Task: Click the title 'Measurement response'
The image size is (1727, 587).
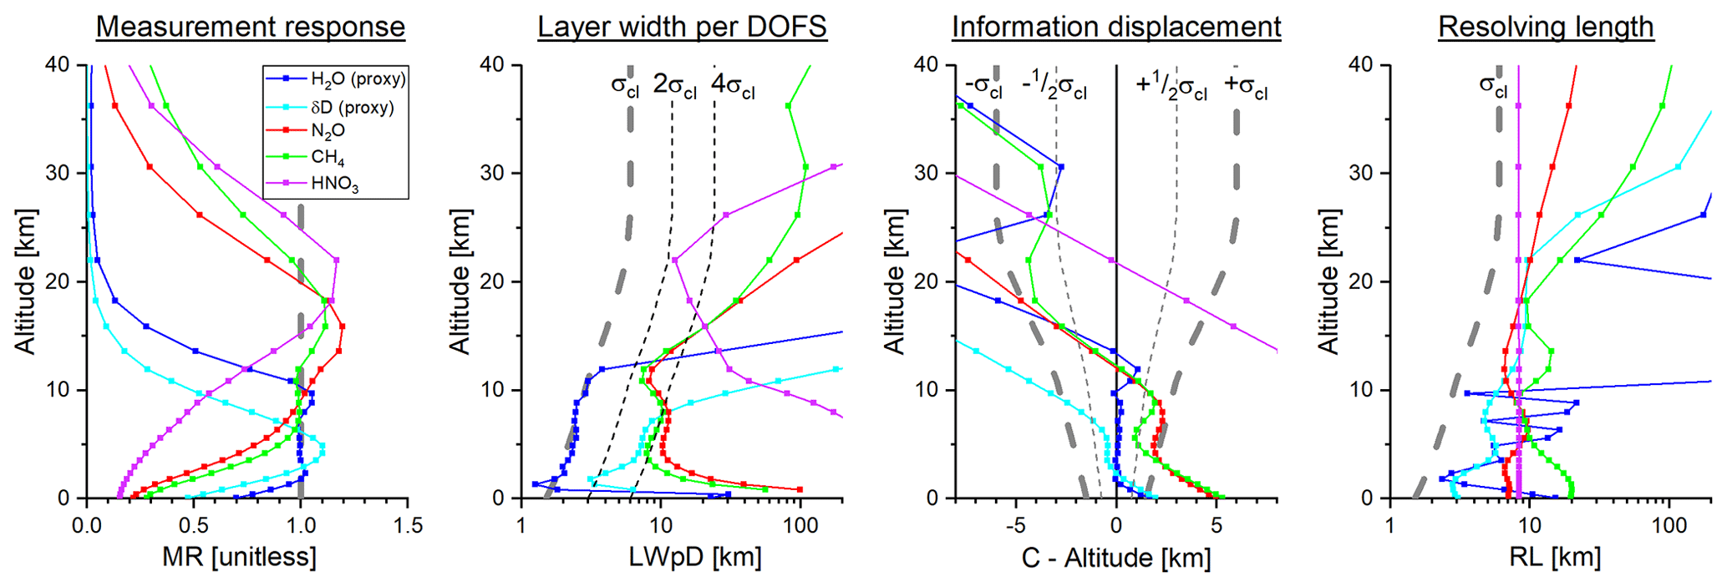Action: [250, 27]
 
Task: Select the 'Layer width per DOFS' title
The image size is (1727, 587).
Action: [682, 27]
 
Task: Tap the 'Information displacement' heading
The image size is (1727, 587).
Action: [1116, 27]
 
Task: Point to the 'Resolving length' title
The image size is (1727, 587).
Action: [1546, 27]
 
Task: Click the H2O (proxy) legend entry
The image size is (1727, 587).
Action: [358, 79]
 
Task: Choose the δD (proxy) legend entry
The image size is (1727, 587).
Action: [352, 107]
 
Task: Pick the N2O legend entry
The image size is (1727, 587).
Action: [328, 131]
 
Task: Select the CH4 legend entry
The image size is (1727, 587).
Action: [328, 158]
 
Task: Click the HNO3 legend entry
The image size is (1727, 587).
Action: [334, 184]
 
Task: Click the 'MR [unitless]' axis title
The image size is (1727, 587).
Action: [239, 557]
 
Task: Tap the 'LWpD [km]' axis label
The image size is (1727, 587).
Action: [695, 557]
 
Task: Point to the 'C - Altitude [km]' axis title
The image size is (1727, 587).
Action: [1116, 557]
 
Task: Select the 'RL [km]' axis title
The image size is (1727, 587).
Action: [1556, 557]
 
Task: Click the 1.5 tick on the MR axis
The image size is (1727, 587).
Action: [407, 526]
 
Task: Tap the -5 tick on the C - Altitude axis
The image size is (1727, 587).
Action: [1016, 526]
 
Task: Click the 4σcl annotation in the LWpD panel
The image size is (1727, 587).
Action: [733, 87]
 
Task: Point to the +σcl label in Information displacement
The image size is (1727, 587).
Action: [1246, 87]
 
